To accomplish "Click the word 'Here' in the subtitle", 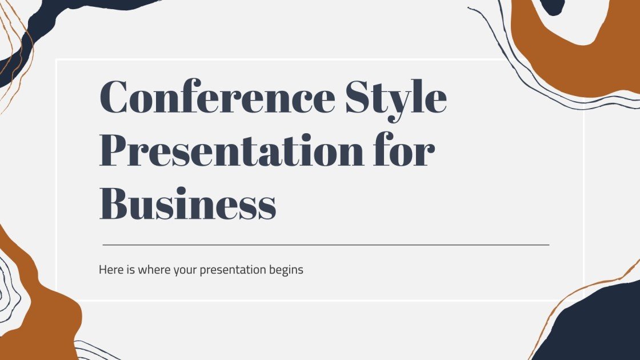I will [110, 270].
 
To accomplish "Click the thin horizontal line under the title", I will [326, 245].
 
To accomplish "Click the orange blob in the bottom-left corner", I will [40, 309].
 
